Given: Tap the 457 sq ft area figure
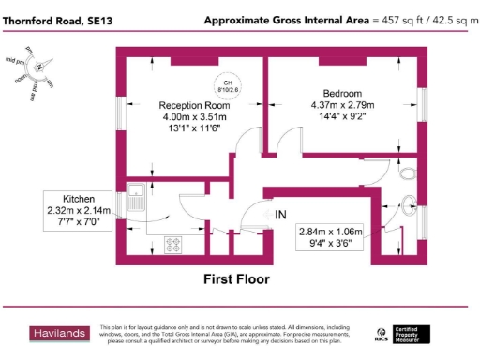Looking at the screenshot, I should [395, 20].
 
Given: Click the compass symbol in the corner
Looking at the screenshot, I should [37, 66].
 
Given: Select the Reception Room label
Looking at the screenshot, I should [194, 105].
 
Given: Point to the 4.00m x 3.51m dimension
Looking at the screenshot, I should [194, 116].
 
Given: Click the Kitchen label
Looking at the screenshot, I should [80, 199].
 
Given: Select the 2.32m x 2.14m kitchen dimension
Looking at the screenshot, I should [80, 211].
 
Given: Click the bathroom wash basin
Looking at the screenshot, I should [410, 200].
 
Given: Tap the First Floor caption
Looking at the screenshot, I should [236, 278].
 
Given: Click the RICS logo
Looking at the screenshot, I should [382, 332].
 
